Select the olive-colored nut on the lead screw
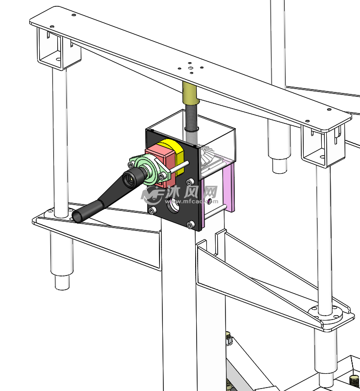(x=191, y=93)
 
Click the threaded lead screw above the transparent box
(x=192, y=116)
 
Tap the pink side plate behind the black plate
(x=230, y=187)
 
